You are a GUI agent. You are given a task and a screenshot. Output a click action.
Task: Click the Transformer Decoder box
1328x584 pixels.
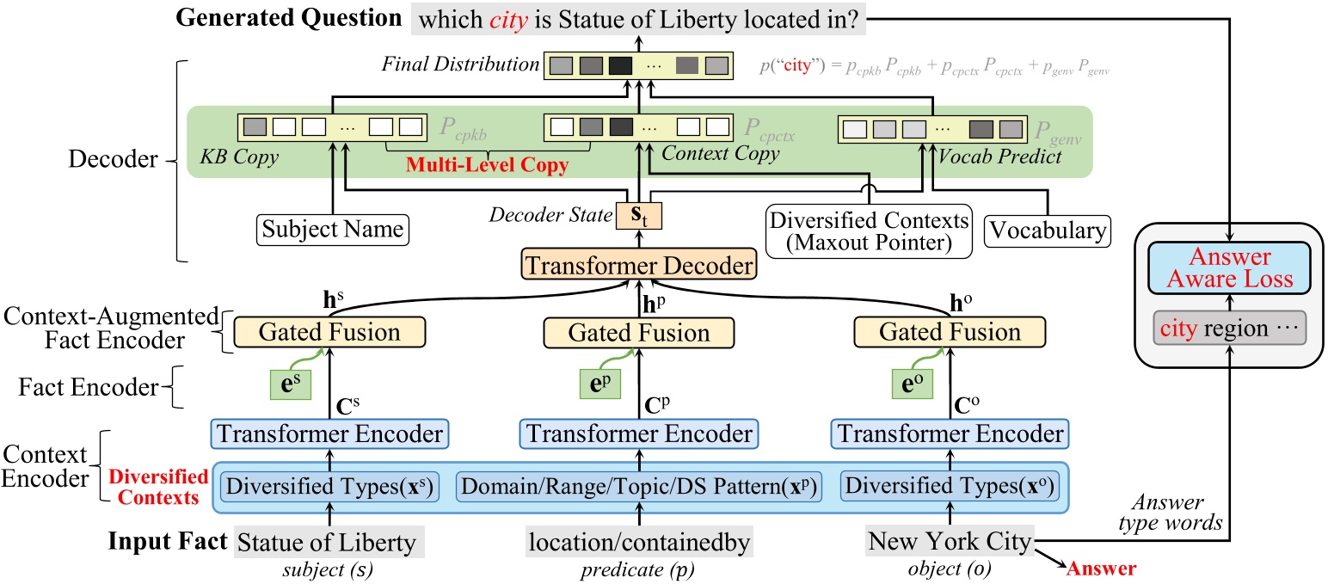click(637, 267)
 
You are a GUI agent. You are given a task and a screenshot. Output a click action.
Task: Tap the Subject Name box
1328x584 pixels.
click(332, 230)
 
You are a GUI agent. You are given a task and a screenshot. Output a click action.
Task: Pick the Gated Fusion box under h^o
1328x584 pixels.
click(949, 332)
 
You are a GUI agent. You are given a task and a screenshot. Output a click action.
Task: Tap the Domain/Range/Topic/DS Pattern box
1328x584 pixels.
click(638, 487)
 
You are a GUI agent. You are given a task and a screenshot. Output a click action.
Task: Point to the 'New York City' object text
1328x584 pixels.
click(950, 542)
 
